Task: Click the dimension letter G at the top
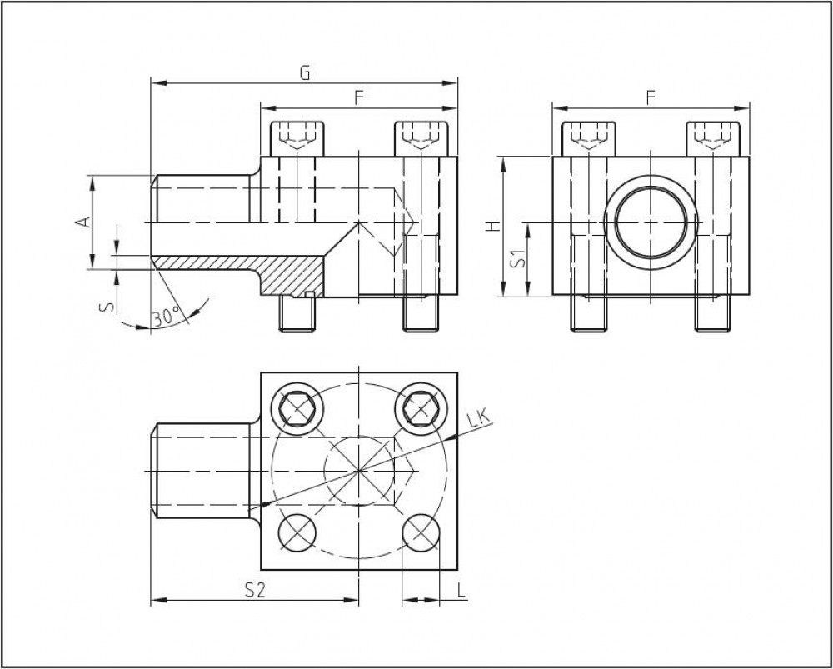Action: click(x=304, y=73)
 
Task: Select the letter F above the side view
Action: click(x=359, y=97)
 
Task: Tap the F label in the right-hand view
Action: click(x=651, y=97)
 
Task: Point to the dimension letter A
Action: click(x=82, y=222)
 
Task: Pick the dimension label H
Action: click(x=493, y=227)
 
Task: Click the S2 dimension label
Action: click(x=254, y=591)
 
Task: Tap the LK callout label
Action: click(x=478, y=420)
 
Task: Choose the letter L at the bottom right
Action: click(x=461, y=590)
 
